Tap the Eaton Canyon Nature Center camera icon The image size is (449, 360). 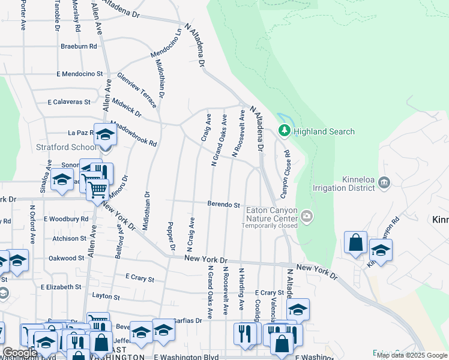pyautogui.click(x=307, y=216)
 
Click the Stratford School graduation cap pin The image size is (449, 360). pyautogui.click(x=105, y=135)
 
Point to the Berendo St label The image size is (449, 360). pyautogui.click(x=224, y=205)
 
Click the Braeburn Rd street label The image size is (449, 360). pyautogui.click(x=79, y=46)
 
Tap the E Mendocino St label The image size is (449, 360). pyautogui.click(x=80, y=74)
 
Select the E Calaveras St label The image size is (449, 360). pyautogui.click(x=69, y=102)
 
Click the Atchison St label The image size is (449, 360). pyautogui.click(x=69, y=238)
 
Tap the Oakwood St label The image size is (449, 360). pyautogui.click(x=67, y=258)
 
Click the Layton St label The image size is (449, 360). pyautogui.click(x=107, y=296)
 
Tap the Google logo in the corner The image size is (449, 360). pyautogui.click(x=20, y=353)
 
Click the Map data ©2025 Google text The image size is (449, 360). pyautogui.click(x=412, y=355)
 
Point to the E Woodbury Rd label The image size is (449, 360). pyautogui.click(x=66, y=219)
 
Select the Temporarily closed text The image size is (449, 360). pyautogui.click(x=270, y=226)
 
